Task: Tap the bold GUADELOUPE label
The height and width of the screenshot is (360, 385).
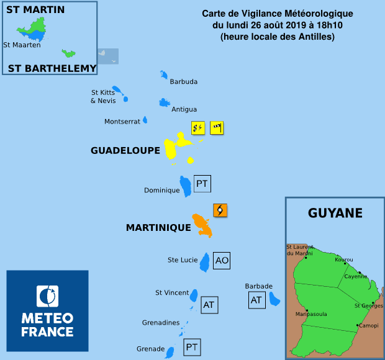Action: pyautogui.click(x=125, y=150)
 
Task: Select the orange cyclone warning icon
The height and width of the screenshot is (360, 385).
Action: pyautogui.click(x=220, y=210)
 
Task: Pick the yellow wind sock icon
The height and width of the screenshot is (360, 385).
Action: pyautogui.click(x=217, y=128)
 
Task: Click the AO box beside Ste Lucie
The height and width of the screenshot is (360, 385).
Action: pyautogui.click(x=222, y=261)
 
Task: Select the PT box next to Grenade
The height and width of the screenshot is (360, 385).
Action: pyautogui.click(x=192, y=347)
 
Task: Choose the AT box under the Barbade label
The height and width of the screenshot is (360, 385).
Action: pyautogui.click(x=256, y=300)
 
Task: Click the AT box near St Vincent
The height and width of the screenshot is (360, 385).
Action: pyautogui.click(x=209, y=305)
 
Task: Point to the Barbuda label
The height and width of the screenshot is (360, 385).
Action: pyautogui.click(x=183, y=81)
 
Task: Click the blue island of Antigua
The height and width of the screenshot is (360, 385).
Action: pyautogui.click(x=165, y=102)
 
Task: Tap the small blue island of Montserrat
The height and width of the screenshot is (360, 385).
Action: pyautogui.click(x=145, y=120)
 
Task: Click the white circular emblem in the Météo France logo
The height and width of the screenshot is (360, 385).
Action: pyautogui.click(x=47, y=296)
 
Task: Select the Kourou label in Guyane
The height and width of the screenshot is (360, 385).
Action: pyautogui.click(x=344, y=259)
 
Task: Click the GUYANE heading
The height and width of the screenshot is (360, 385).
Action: pyautogui.click(x=335, y=214)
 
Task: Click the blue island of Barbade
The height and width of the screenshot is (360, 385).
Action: pyautogui.click(x=274, y=300)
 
